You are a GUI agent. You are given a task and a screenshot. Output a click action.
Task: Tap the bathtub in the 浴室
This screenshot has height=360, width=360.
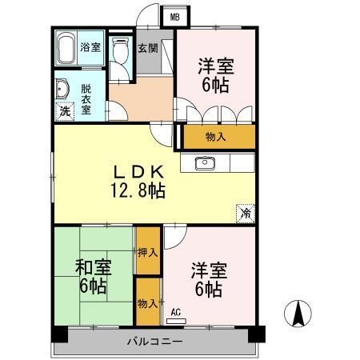(x=66, y=48)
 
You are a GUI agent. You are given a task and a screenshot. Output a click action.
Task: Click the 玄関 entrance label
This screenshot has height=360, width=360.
(x=147, y=47)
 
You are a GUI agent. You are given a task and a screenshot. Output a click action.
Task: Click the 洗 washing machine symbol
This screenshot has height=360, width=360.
(x=64, y=112)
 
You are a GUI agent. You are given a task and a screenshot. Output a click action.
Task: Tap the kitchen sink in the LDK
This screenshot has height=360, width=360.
(x=205, y=163)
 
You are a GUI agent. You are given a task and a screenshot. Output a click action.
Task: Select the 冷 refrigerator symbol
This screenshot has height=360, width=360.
(x=246, y=214)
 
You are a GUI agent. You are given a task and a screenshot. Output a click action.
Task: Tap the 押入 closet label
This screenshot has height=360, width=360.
(x=147, y=253)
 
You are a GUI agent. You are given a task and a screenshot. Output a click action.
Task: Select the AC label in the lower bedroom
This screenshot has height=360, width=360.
(x=175, y=312)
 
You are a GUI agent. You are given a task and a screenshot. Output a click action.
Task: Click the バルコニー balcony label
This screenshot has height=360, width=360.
(x=154, y=342)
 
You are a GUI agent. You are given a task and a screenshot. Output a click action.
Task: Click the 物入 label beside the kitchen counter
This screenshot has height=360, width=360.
(x=216, y=137)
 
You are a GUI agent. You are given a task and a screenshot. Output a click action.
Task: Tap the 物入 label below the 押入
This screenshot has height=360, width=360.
(x=147, y=303)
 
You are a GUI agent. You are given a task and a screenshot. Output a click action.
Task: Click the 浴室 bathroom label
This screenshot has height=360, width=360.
(x=90, y=47)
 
